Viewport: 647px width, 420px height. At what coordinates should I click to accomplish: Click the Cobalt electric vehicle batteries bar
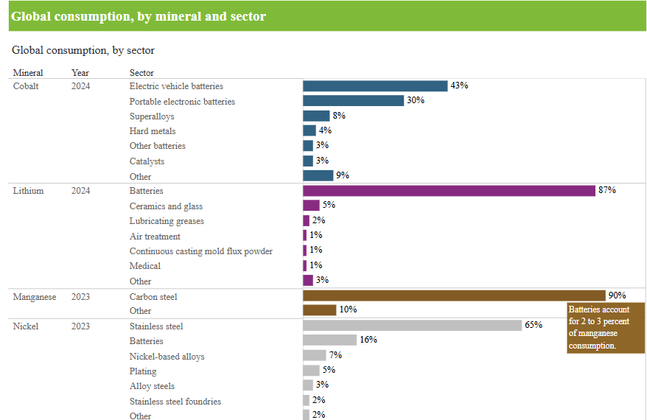pyautogui.click(x=375, y=86)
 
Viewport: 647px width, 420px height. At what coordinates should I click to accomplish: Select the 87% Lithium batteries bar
pyautogui.click(x=449, y=191)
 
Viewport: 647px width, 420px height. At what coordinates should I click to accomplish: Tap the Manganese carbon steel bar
pyautogui.click(x=454, y=295)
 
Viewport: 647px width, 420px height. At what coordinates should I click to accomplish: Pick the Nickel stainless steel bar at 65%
pyautogui.click(x=413, y=326)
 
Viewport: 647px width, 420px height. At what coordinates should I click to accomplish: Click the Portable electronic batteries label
pyautogui.click(x=182, y=102)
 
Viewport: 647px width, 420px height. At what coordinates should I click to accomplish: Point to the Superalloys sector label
pyautogui.click(x=152, y=116)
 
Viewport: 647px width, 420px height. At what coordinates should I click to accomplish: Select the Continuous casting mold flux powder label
pyautogui.click(x=201, y=251)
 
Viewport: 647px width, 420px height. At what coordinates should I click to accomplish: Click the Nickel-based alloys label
pyautogui.click(x=167, y=357)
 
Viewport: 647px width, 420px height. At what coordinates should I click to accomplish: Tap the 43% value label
pyautogui.click(x=459, y=85)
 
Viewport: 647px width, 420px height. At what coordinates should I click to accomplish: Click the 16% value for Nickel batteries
pyautogui.click(x=368, y=340)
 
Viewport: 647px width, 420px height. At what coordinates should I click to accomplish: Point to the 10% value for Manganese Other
pyautogui.click(x=348, y=309)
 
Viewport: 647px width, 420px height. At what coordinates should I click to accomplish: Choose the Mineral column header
pyautogui.click(x=28, y=73)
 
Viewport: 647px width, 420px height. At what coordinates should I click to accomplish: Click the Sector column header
pyautogui.click(x=141, y=73)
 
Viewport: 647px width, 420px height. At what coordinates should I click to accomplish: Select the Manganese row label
pyautogui.click(x=35, y=297)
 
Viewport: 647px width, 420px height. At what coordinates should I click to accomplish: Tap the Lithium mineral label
pyautogui.click(x=29, y=191)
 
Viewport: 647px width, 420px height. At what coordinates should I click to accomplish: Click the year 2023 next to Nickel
pyautogui.click(x=81, y=326)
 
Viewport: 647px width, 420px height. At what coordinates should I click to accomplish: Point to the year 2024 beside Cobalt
pyautogui.click(x=81, y=86)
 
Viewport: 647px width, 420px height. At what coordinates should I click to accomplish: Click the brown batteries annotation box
pyautogui.click(x=606, y=328)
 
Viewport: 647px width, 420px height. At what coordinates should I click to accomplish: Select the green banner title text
pyautogui.click(x=139, y=16)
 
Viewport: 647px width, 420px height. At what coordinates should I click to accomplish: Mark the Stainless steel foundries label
pyautogui.click(x=175, y=402)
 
